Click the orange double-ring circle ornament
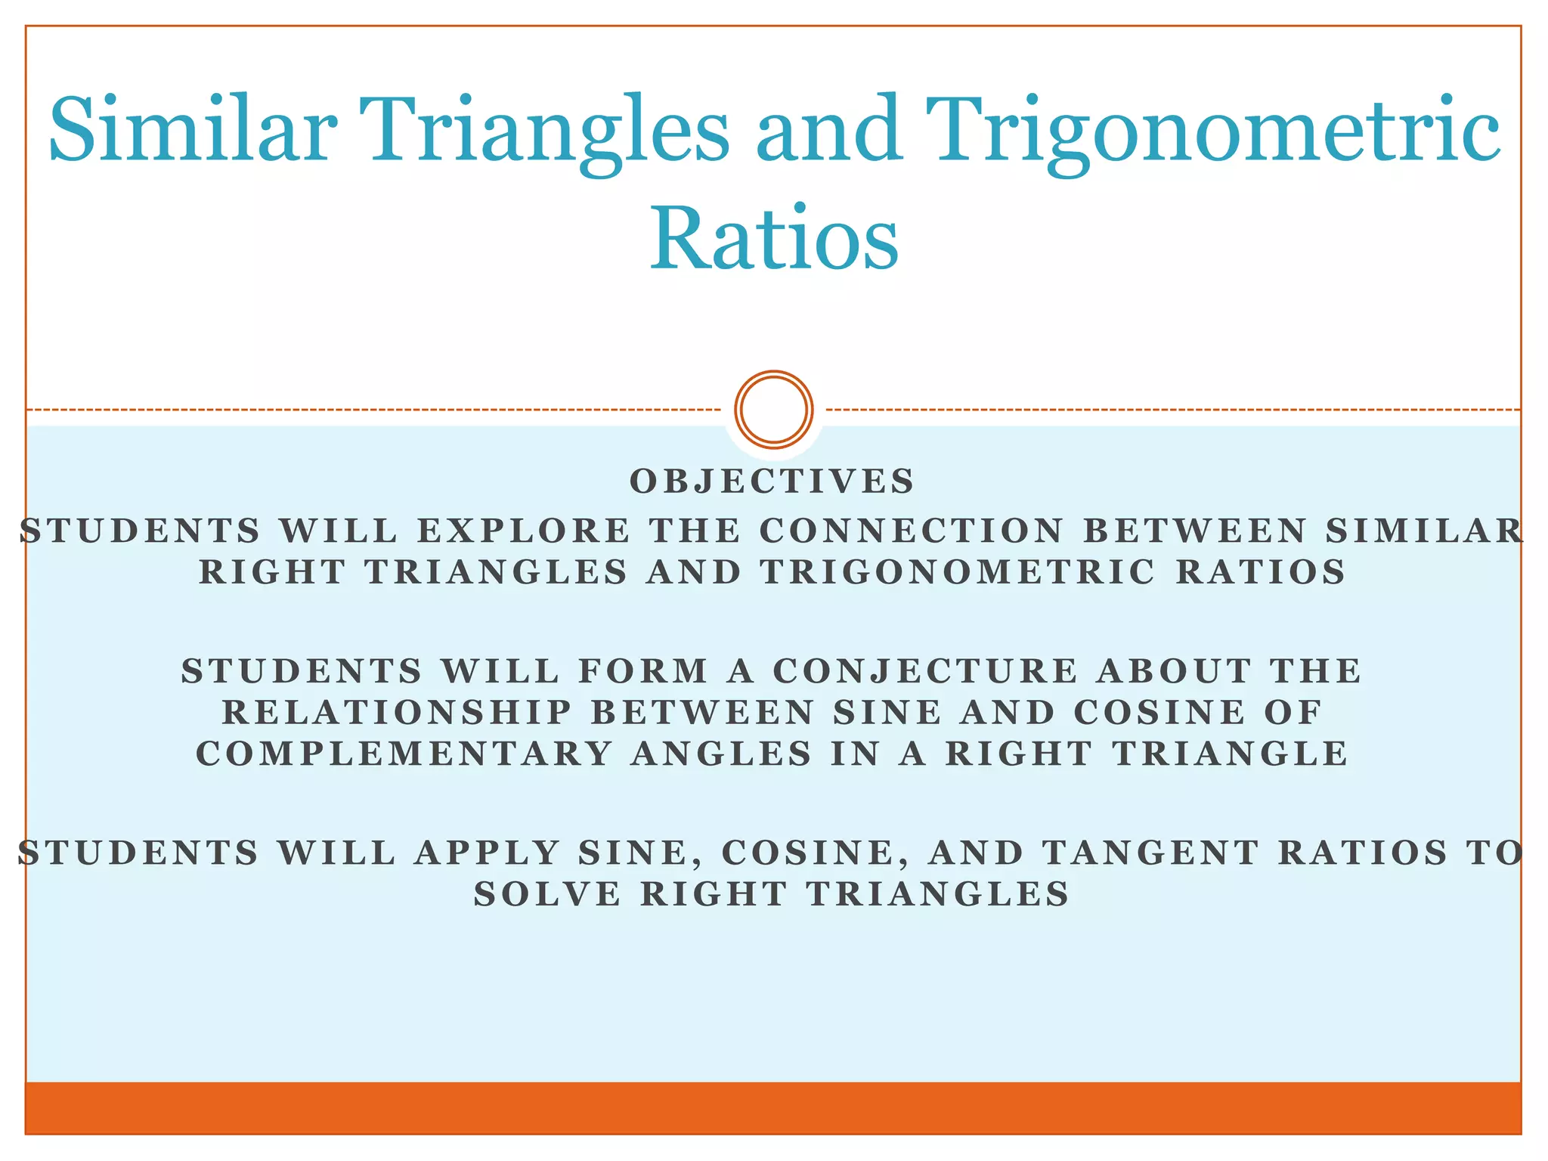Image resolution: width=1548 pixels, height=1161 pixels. [773, 409]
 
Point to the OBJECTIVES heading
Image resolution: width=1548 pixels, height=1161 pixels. [772, 481]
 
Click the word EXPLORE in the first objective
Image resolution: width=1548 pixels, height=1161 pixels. [524, 531]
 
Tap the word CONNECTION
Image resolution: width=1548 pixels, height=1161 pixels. [912, 531]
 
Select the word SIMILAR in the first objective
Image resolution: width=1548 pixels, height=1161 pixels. [1424, 531]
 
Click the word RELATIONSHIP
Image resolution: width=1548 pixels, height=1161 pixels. [397, 713]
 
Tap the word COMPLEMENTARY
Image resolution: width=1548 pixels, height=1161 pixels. [404, 754]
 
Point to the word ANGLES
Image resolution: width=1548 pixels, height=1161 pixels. [722, 754]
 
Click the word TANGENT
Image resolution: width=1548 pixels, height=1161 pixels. [1150, 853]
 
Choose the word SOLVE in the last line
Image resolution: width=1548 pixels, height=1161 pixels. [548, 895]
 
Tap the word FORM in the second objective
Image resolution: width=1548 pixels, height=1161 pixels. [643, 671]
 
